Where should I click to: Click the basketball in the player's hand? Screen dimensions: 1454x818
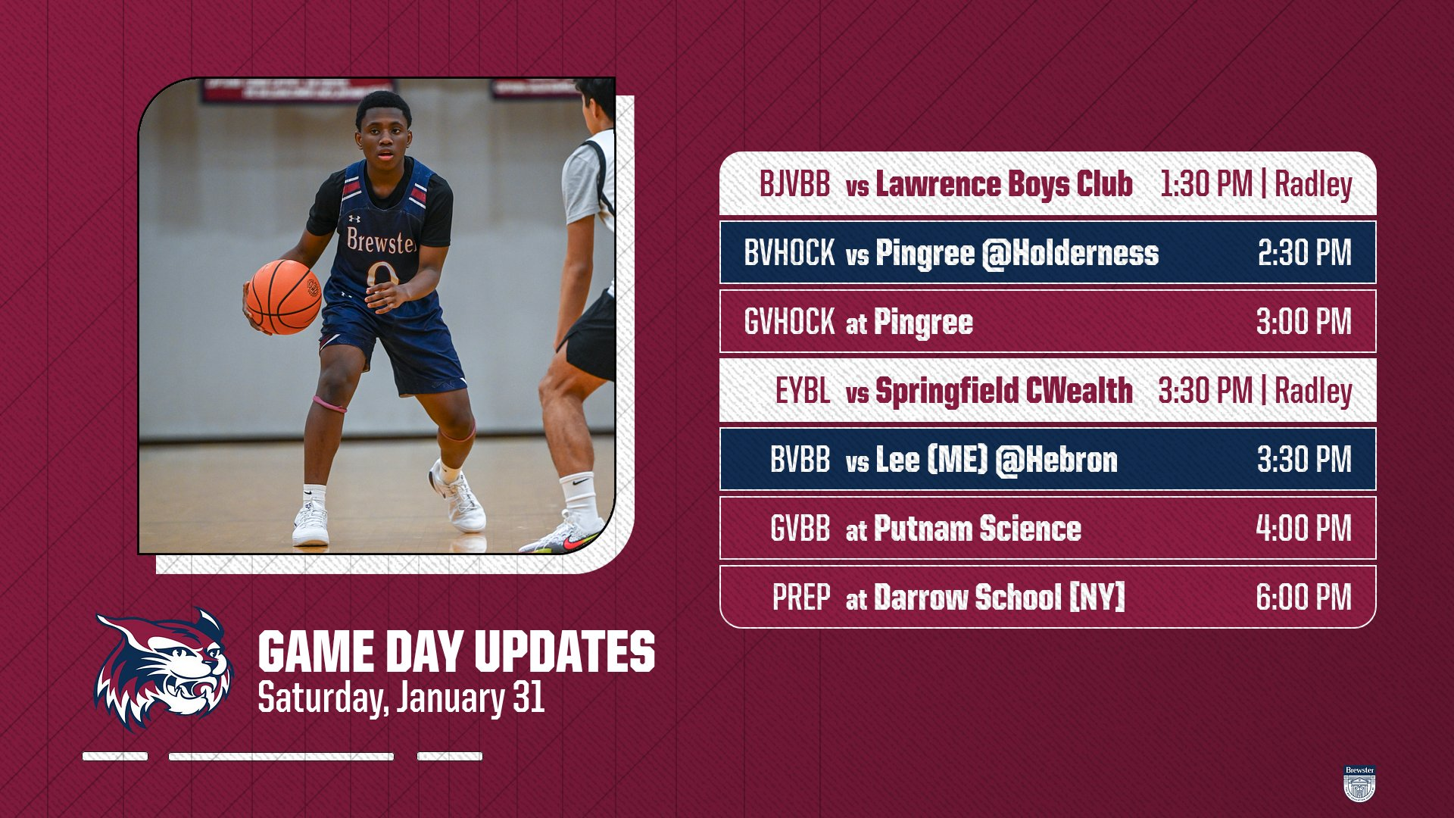(x=283, y=297)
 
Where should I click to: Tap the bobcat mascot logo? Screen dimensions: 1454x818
(x=163, y=669)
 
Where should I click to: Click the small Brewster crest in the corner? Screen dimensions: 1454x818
(x=1359, y=783)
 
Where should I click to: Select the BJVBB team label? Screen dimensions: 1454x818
(x=794, y=184)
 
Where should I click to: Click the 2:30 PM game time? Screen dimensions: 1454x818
(x=1304, y=253)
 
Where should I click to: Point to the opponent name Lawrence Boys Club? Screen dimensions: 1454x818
(x=1004, y=184)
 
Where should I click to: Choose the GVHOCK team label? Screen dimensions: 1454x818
(x=789, y=322)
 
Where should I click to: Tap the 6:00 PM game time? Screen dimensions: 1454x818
(x=1303, y=597)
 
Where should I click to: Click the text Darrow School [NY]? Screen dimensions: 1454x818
(x=1000, y=597)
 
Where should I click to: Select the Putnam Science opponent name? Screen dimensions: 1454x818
(x=978, y=528)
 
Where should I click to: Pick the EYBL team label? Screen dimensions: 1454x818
(x=803, y=391)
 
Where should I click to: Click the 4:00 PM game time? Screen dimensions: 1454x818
(x=1303, y=528)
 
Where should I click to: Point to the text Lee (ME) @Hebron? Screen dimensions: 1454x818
(x=997, y=460)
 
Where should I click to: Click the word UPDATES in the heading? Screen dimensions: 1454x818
(x=565, y=651)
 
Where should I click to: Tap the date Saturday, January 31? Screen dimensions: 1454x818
(x=401, y=698)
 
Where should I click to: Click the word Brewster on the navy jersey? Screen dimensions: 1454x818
(x=382, y=241)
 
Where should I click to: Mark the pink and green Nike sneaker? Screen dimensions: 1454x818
(x=563, y=536)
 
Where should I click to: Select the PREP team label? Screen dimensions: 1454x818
(x=801, y=597)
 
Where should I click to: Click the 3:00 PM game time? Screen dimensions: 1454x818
(x=1304, y=322)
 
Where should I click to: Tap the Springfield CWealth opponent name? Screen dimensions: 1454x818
(x=1004, y=391)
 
